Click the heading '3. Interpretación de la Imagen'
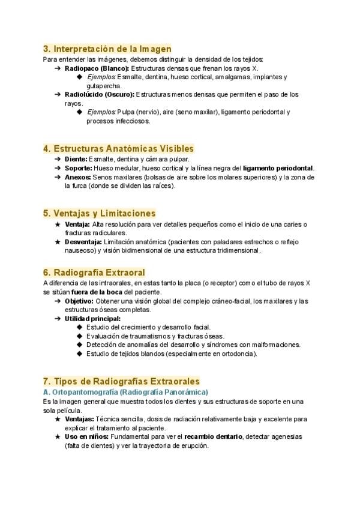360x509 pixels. click(107, 49)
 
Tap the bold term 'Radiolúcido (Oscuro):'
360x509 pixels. click(100, 94)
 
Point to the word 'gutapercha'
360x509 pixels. click(104, 86)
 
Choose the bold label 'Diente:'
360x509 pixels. click(76, 159)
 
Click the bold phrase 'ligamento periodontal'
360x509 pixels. click(278, 168)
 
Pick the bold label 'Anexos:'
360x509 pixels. click(78, 177)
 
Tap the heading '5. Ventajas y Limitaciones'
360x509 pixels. click(100, 213)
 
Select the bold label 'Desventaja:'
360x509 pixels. click(83, 242)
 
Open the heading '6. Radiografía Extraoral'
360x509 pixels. click(94, 273)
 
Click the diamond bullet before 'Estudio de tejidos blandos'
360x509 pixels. click(80, 354)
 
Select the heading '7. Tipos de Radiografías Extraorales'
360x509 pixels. click(121, 381)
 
